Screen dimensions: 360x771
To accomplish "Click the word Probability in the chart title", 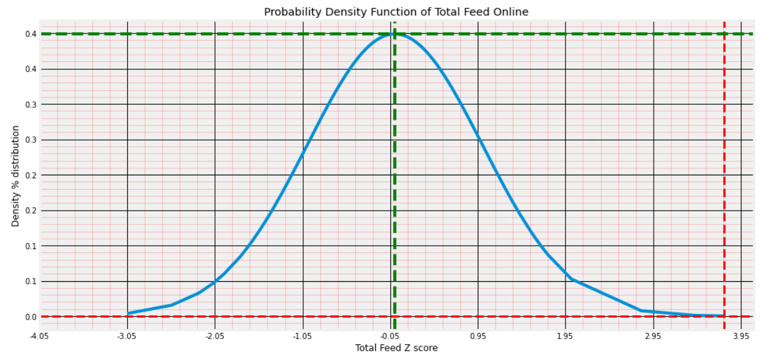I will (x=289, y=12).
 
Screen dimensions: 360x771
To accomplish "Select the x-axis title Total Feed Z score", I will (x=396, y=348).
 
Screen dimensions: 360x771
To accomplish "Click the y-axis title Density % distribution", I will (x=16, y=176).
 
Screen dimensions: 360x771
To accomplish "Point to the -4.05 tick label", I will (x=39, y=335).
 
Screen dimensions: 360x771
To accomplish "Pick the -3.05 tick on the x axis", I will (x=127, y=335).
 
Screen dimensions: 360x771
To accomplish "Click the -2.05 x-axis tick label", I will (x=214, y=335).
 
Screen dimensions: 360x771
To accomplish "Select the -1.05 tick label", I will (x=302, y=335).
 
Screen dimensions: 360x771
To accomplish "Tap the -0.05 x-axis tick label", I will (x=390, y=335).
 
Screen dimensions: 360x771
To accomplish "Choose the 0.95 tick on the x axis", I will (x=478, y=335).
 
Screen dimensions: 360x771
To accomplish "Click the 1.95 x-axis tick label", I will (x=565, y=335).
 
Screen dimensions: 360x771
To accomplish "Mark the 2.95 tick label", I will (x=653, y=335).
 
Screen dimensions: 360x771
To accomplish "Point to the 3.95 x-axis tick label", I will (x=741, y=335).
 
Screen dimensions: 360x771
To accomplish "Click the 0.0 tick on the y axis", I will (x=30, y=316).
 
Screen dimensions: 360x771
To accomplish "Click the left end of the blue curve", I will (x=128, y=313).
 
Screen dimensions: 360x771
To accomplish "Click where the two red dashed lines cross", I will (x=724, y=316).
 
